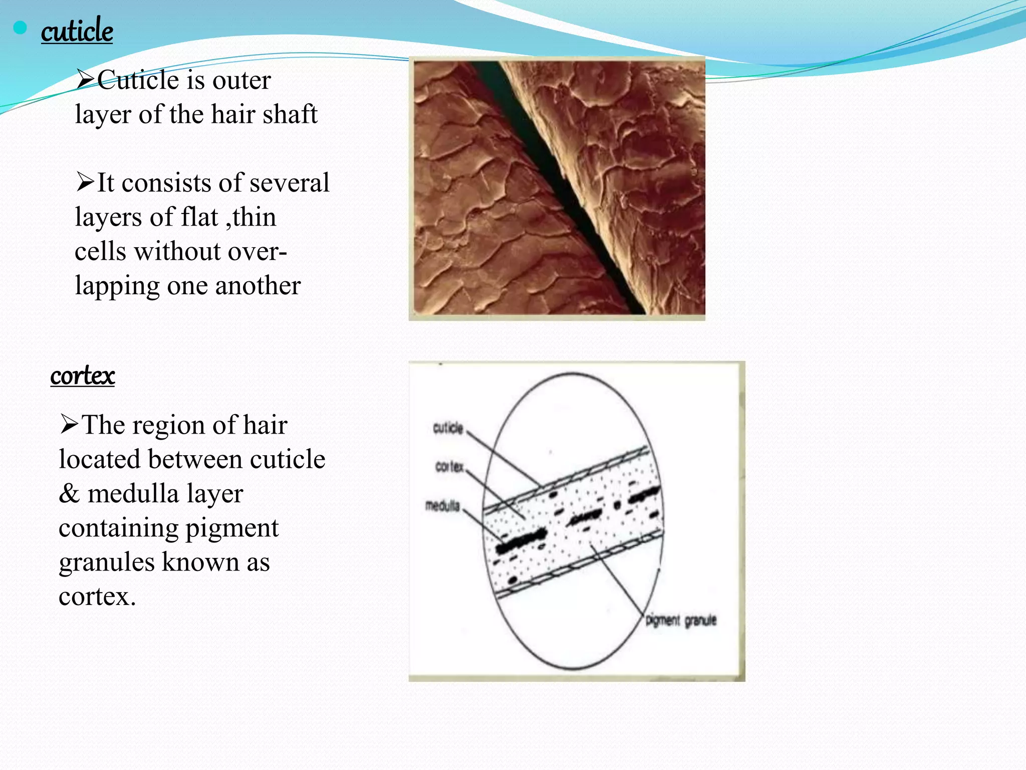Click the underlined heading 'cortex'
(x=83, y=375)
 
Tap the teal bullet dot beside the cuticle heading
(x=20, y=28)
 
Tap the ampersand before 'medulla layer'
(x=69, y=494)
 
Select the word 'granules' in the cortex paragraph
(x=107, y=562)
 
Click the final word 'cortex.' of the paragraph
(x=97, y=597)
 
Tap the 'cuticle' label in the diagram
(x=448, y=428)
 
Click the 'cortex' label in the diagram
(x=449, y=467)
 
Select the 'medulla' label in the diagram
(x=442, y=506)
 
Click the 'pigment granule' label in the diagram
(x=681, y=621)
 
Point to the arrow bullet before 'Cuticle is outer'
(x=85, y=80)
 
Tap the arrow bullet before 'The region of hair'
(x=69, y=425)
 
